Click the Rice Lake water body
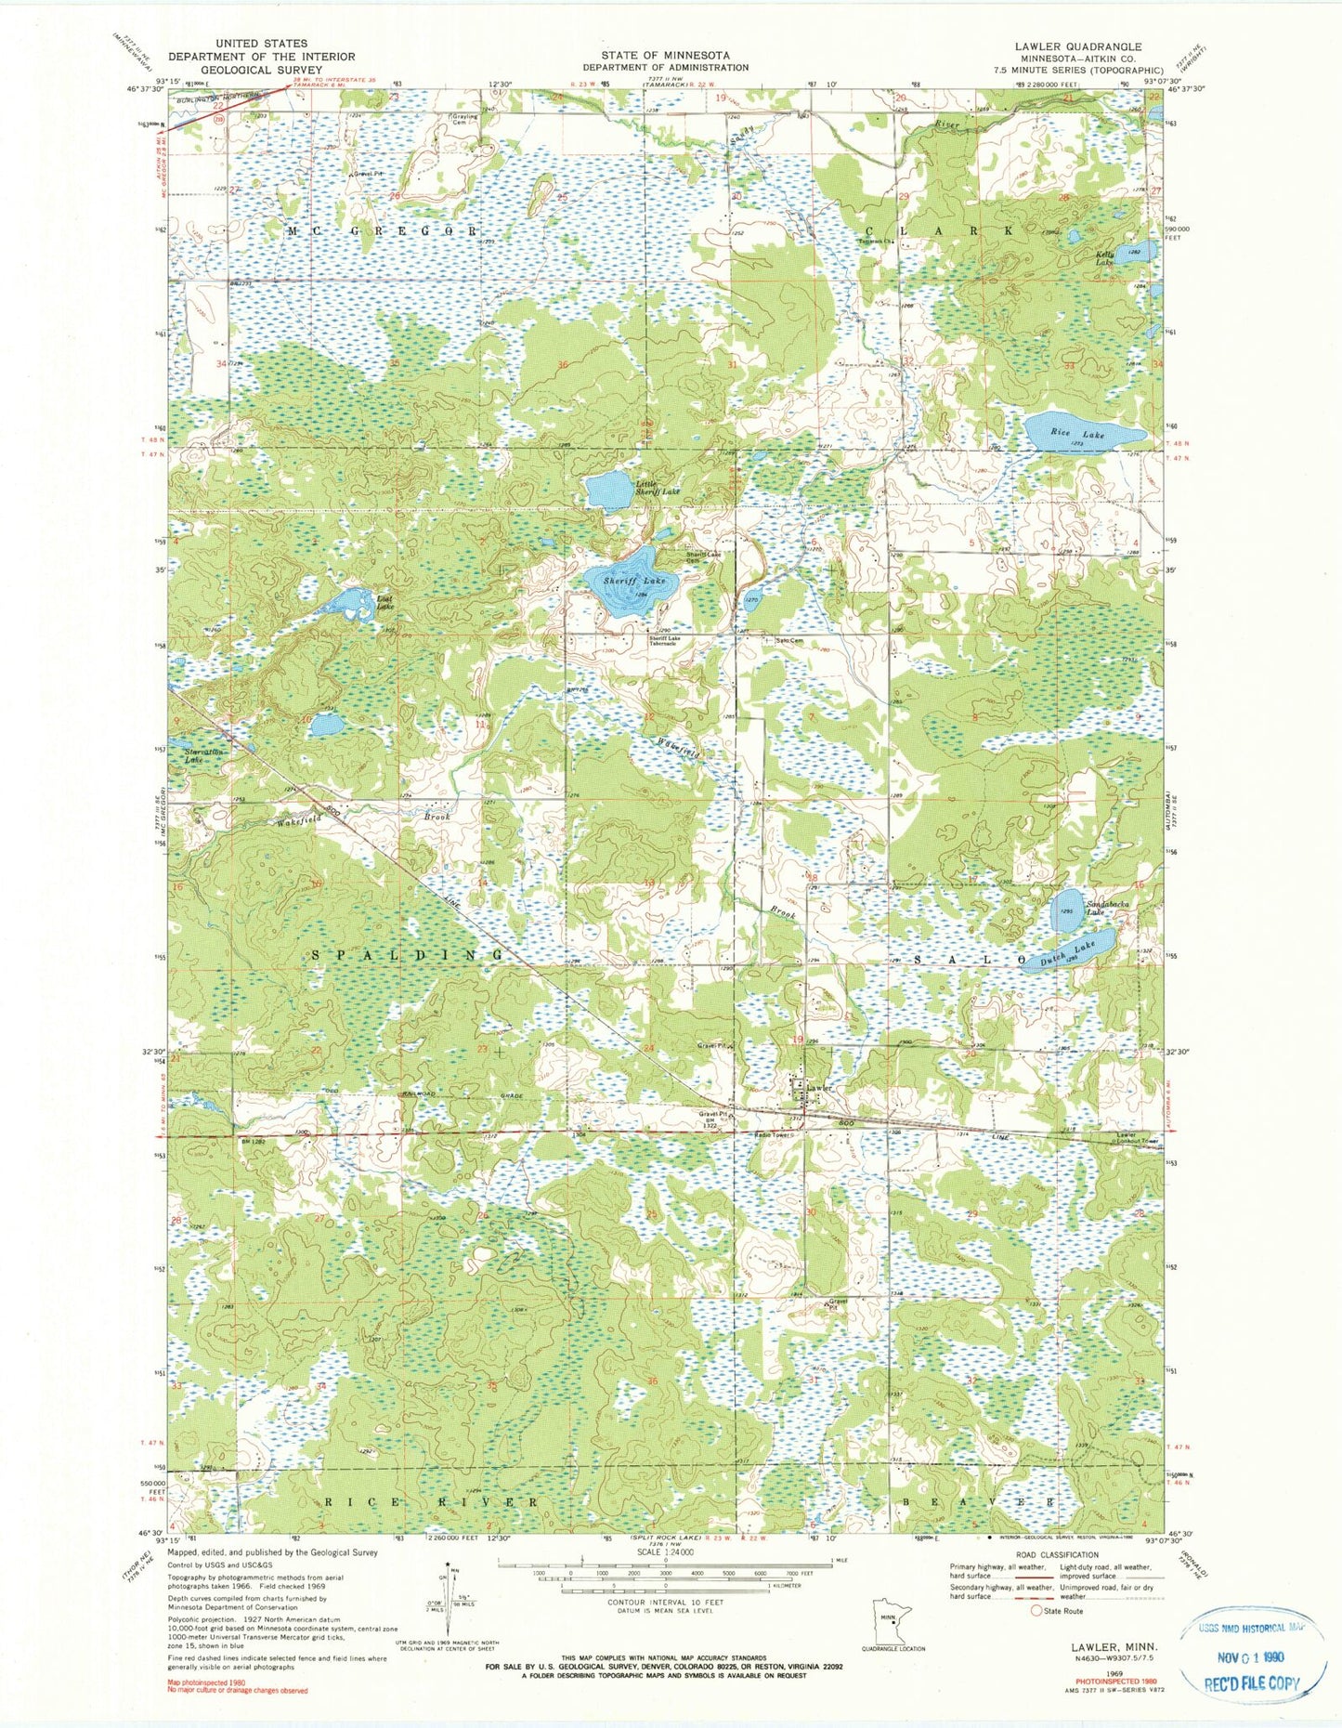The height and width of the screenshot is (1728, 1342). point(1082,433)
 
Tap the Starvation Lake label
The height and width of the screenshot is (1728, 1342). point(206,755)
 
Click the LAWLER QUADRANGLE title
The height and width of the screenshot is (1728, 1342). point(1078,46)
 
